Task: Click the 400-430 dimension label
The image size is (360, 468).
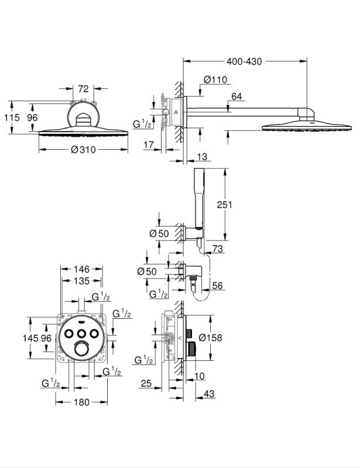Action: click(x=244, y=61)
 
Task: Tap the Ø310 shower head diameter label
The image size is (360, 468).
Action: click(x=83, y=149)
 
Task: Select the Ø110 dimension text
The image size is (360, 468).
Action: click(x=215, y=80)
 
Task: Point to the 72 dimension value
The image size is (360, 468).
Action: click(x=83, y=89)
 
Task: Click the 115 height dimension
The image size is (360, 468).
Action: click(x=12, y=118)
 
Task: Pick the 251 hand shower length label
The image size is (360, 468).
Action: click(x=224, y=204)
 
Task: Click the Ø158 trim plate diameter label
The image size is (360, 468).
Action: click(x=210, y=338)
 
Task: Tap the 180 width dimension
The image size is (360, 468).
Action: click(x=81, y=402)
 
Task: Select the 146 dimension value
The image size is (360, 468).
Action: click(x=81, y=269)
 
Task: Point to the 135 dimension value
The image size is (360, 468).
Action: click(x=81, y=281)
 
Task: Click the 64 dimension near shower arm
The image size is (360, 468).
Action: click(x=236, y=97)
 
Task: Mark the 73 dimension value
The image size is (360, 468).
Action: click(x=218, y=248)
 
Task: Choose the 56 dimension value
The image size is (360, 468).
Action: click(x=217, y=285)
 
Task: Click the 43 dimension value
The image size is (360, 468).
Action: click(x=209, y=393)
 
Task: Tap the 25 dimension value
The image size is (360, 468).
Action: click(x=146, y=383)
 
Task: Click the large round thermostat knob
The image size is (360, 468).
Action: click(x=81, y=348)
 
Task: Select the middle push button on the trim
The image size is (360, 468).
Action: click(x=81, y=333)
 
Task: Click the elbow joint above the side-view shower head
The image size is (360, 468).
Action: click(x=306, y=114)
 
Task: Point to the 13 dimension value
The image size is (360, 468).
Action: click(x=203, y=157)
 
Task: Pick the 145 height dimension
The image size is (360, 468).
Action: click(x=31, y=338)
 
